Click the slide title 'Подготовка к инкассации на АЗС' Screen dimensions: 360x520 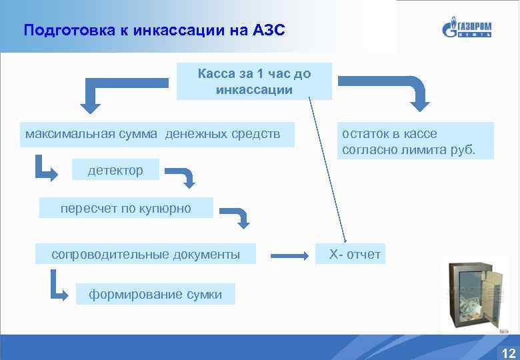coord(154,31)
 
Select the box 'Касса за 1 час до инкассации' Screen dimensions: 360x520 coord(254,81)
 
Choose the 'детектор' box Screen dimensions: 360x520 coord(115,170)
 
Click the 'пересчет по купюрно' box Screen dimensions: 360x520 coord(126,208)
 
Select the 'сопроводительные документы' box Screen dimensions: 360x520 coord(145,254)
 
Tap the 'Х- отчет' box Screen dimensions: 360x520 coord(351,254)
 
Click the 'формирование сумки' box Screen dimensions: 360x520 coord(155,294)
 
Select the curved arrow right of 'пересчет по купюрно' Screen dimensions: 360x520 coord(236,216)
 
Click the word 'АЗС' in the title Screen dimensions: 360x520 coord(269,31)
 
